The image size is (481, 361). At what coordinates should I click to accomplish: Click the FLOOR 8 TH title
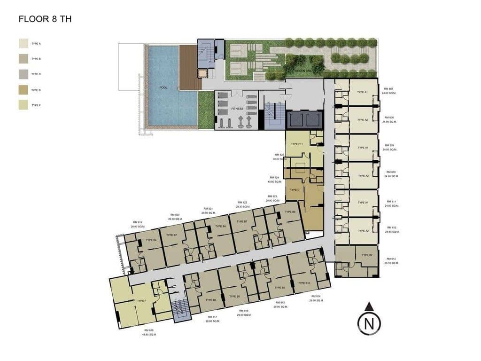[45, 19]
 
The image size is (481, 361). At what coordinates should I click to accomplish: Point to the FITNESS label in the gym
[237, 109]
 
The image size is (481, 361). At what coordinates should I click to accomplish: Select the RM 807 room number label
[388, 89]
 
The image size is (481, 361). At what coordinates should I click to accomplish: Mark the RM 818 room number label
[148, 330]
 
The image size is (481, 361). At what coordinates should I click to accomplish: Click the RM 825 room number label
[279, 155]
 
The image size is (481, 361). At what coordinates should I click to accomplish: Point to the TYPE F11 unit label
[297, 144]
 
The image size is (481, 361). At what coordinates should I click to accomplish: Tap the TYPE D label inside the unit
[295, 190]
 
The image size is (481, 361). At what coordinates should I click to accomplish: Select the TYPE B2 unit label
[367, 255]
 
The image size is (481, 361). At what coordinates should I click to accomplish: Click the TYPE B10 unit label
[304, 283]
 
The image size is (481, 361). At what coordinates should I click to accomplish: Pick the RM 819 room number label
[137, 222]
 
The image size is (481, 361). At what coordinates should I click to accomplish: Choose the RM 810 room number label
[390, 172]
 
